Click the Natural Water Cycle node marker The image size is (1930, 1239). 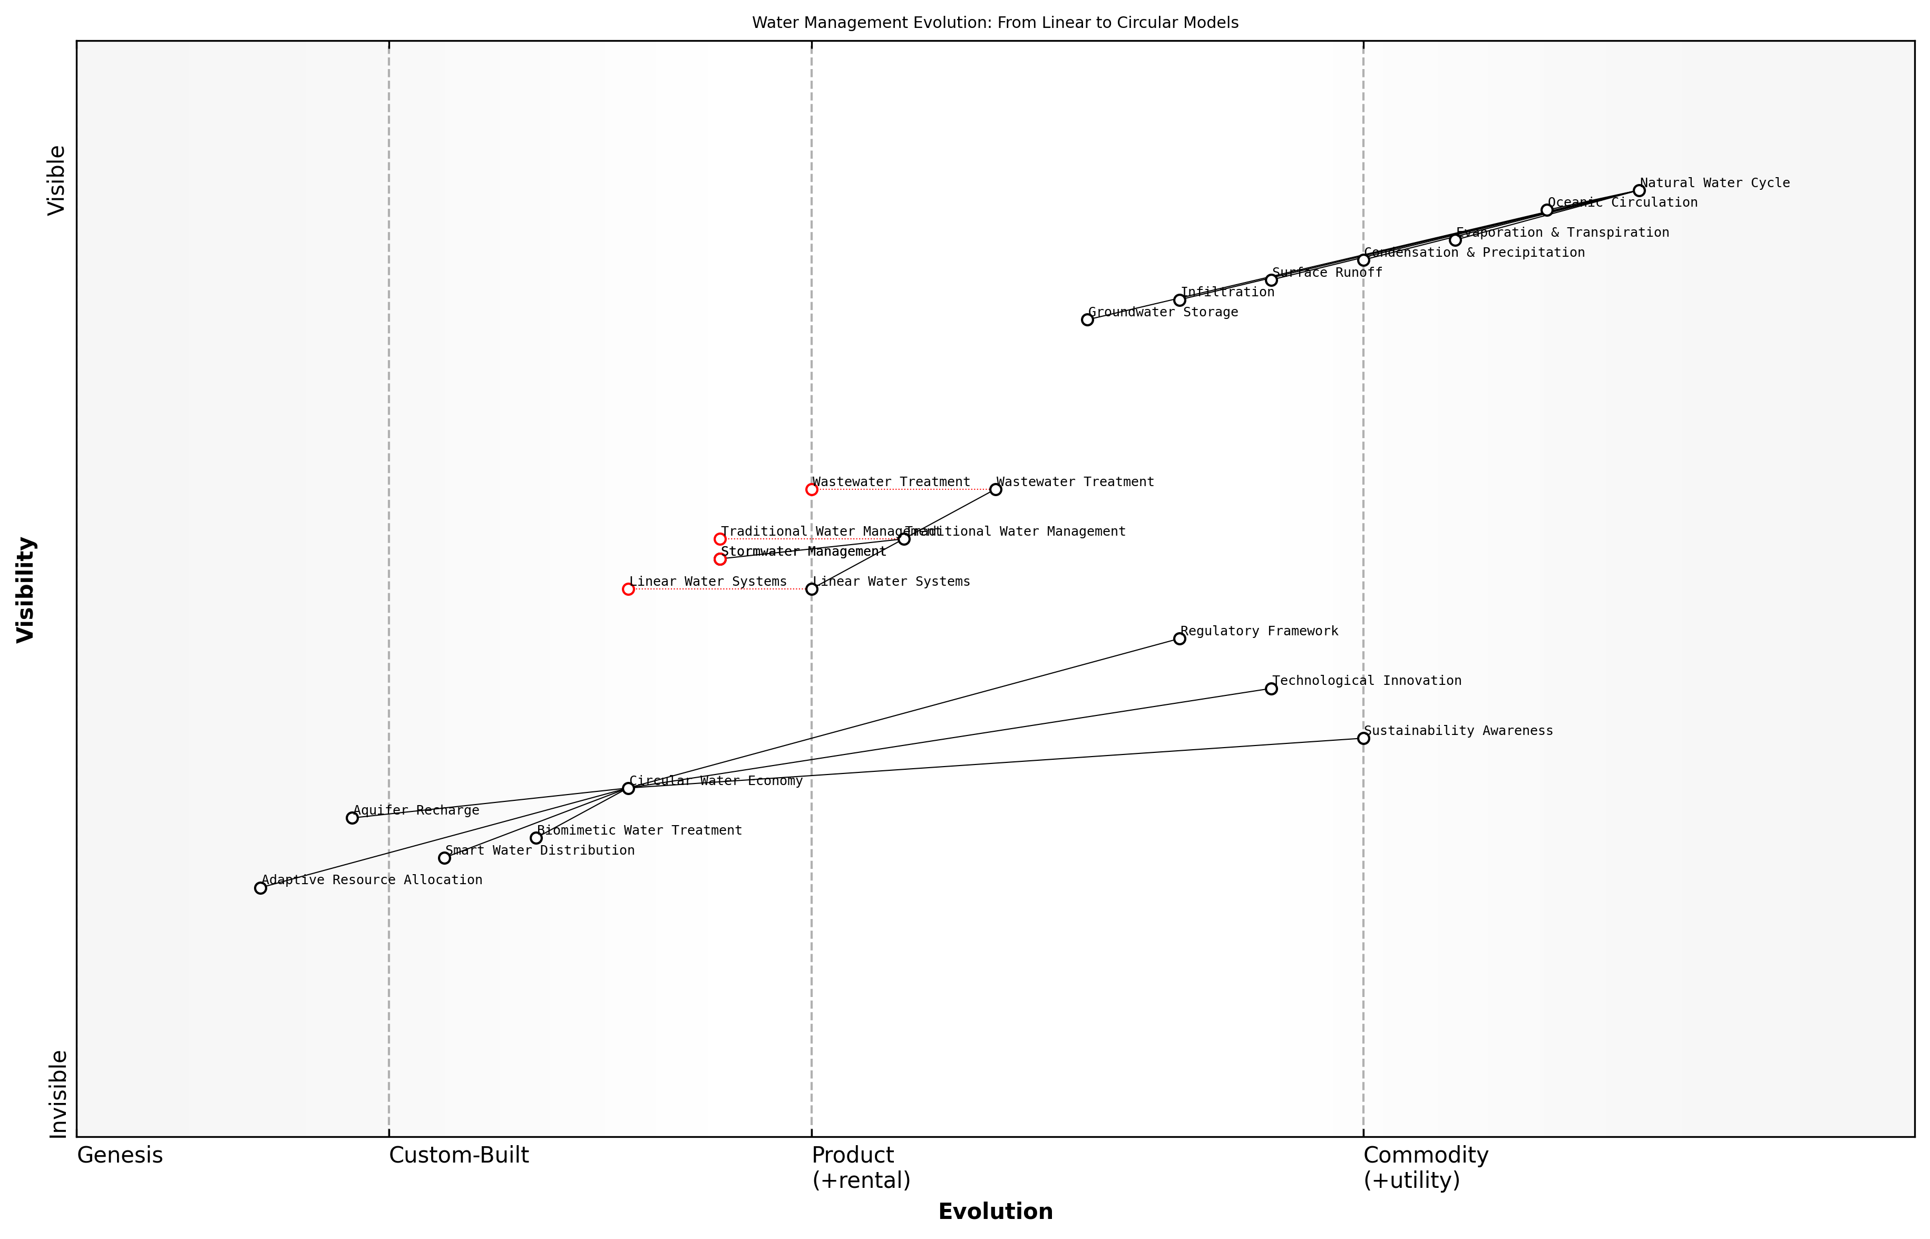(x=1638, y=191)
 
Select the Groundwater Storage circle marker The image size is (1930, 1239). (x=1087, y=320)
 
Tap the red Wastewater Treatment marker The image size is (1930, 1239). (x=812, y=489)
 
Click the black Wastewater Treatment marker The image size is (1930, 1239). (x=996, y=489)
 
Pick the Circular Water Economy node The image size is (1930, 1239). (x=628, y=788)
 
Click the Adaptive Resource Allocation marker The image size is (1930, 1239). (x=260, y=888)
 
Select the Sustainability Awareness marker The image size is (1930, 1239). (x=1363, y=739)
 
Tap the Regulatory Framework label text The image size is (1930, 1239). (x=1259, y=632)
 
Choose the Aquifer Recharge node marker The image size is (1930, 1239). (x=352, y=818)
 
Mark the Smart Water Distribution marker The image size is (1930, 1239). (x=444, y=858)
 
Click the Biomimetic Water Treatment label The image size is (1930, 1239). (x=639, y=831)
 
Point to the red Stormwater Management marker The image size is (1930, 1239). (x=720, y=559)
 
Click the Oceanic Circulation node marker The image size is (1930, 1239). (x=1546, y=210)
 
